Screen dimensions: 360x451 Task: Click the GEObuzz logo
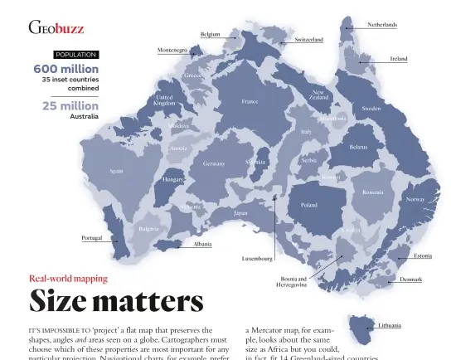(x=56, y=28)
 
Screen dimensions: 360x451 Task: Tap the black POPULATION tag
(x=76, y=55)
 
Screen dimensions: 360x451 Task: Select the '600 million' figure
(x=65, y=69)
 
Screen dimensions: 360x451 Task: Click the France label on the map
(x=250, y=102)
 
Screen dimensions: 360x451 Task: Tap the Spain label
(x=117, y=172)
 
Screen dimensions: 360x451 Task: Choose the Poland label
(x=308, y=204)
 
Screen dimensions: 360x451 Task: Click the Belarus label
(x=358, y=147)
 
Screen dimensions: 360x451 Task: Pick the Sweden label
(x=371, y=109)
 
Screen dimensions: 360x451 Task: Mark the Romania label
(x=373, y=192)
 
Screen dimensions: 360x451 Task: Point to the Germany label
(x=214, y=164)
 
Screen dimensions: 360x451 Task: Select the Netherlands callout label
(x=381, y=26)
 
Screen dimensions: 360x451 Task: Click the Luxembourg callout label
(x=257, y=259)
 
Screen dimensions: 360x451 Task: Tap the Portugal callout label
(x=92, y=237)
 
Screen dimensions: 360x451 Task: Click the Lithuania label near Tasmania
(x=390, y=326)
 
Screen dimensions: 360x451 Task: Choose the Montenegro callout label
(x=172, y=51)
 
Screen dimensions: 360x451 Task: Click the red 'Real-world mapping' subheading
(x=69, y=279)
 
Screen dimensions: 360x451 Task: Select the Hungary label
(x=173, y=179)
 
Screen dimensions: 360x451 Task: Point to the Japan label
(x=240, y=213)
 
